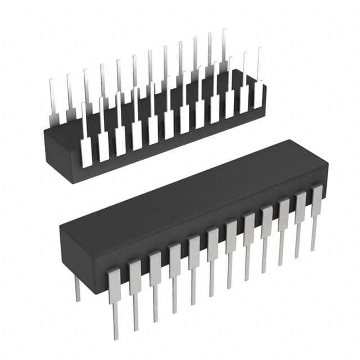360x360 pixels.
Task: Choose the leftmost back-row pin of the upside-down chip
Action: (x=52, y=101)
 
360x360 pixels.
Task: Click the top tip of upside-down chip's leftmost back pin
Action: (x=51, y=80)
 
